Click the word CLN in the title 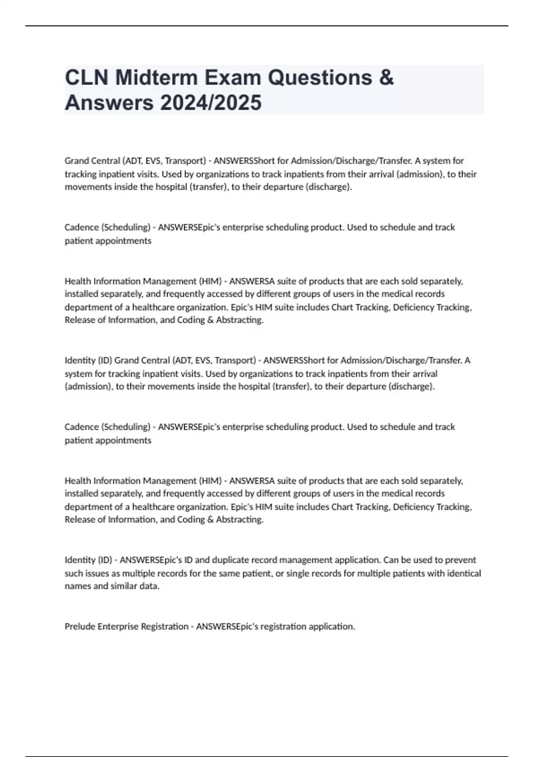pos(86,77)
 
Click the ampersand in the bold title pos(387,77)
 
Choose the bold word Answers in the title pos(109,103)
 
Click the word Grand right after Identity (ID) pos(126,360)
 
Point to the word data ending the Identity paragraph pos(150,586)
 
